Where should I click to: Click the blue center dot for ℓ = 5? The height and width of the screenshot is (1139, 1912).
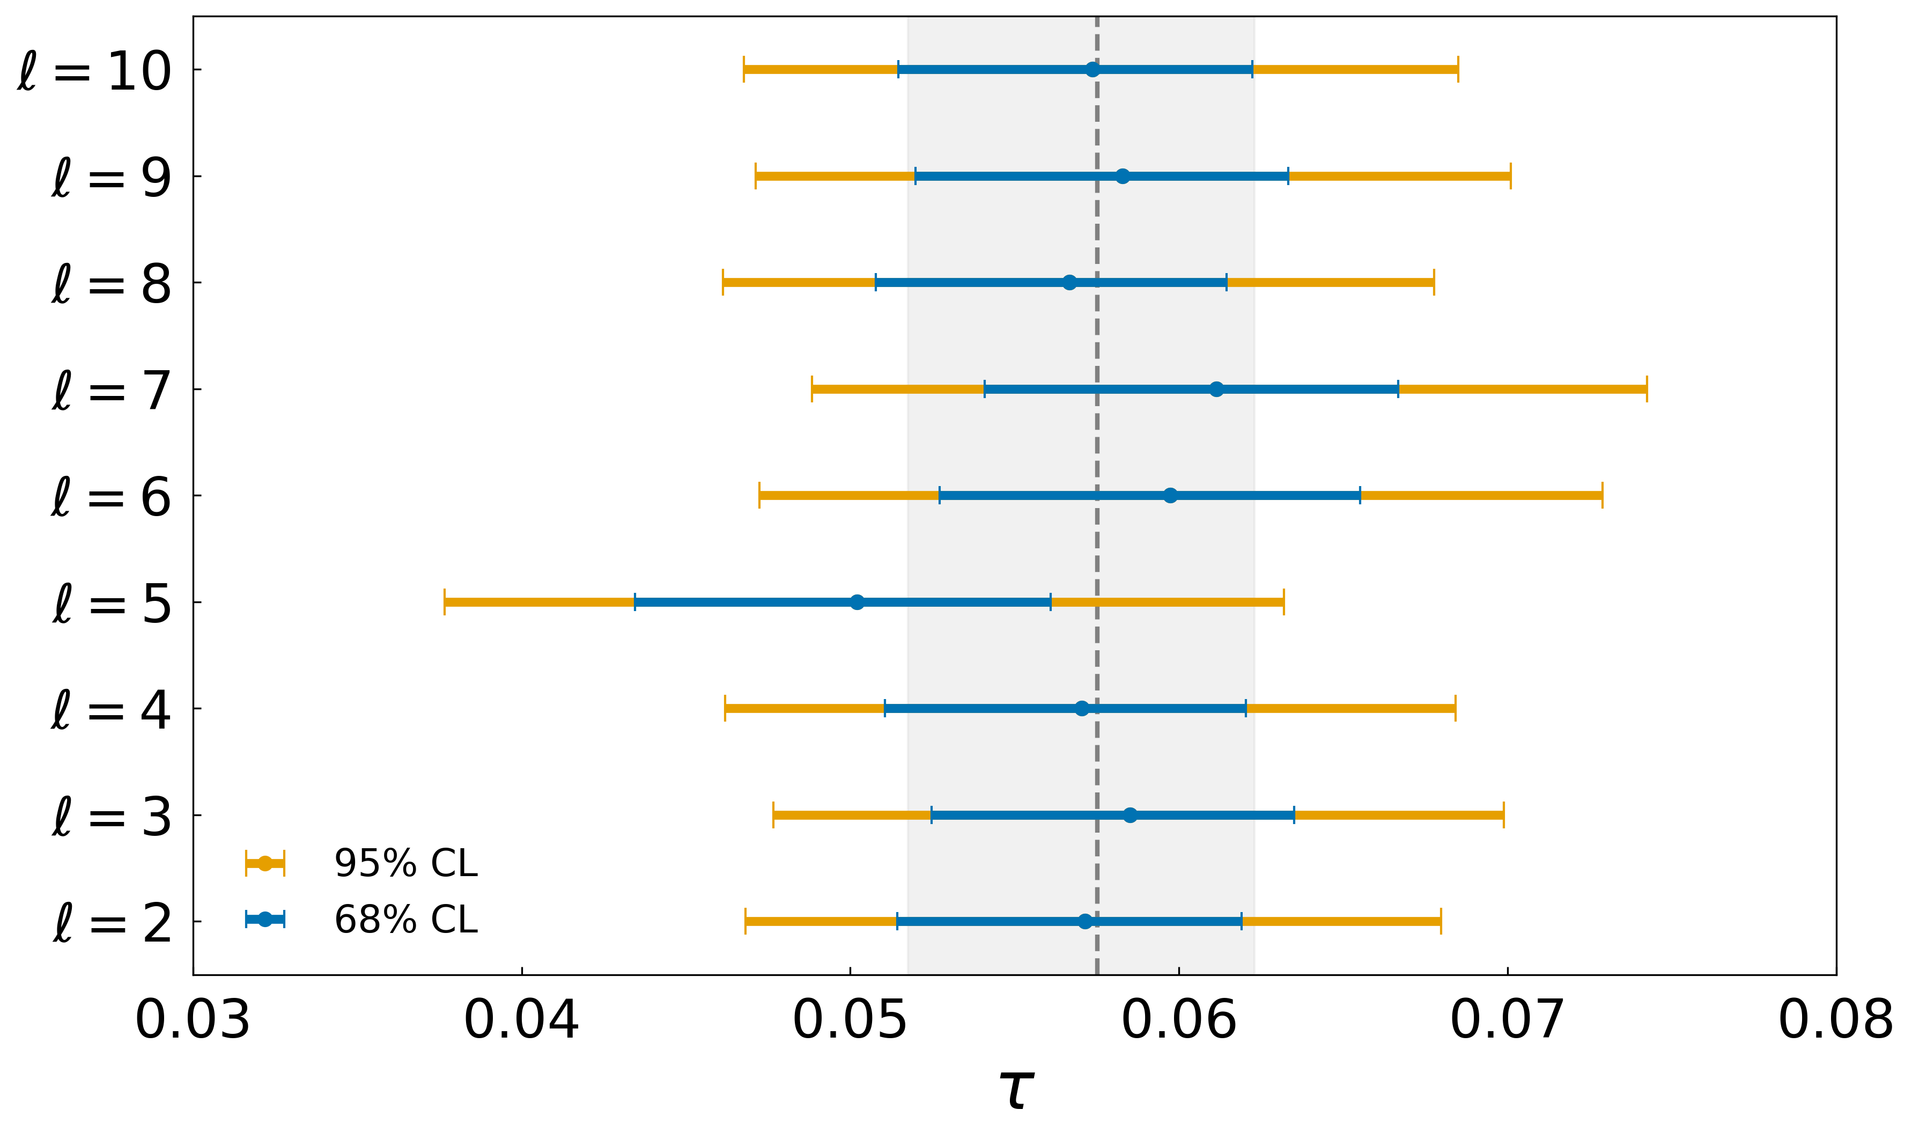click(857, 602)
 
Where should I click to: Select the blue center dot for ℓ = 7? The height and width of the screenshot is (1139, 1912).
click(1216, 389)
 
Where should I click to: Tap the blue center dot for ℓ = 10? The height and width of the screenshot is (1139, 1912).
click(1092, 70)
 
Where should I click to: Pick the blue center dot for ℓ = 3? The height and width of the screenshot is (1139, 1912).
click(1130, 815)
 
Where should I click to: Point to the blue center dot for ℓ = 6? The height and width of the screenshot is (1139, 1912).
click(1170, 496)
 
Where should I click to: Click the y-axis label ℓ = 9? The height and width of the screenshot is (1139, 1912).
click(111, 178)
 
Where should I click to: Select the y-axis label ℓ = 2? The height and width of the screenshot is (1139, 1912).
click(111, 923)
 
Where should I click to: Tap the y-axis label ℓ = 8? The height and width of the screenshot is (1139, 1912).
click(111, 284)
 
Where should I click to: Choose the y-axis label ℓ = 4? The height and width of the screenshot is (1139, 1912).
click(111, 710)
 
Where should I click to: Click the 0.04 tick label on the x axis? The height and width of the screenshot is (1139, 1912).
click(522, 1021)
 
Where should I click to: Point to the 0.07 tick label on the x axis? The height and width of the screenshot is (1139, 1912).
click(1508, 1021)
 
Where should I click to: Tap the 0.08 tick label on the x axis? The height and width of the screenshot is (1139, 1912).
click(1836, 1021)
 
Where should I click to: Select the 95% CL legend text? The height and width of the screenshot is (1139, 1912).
click(406, 863)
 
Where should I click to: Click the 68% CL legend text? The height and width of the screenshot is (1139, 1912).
click(406, 920)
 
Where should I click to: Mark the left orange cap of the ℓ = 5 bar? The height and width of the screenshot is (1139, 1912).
click(444, 602)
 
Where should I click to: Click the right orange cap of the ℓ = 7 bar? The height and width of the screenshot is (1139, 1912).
click(1647, 389)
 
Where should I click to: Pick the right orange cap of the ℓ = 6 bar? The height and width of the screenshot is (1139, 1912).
click(1602, 496)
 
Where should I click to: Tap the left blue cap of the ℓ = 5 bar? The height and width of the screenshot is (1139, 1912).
click(634, 602)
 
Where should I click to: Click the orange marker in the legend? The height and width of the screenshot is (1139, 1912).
click(265, 863)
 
